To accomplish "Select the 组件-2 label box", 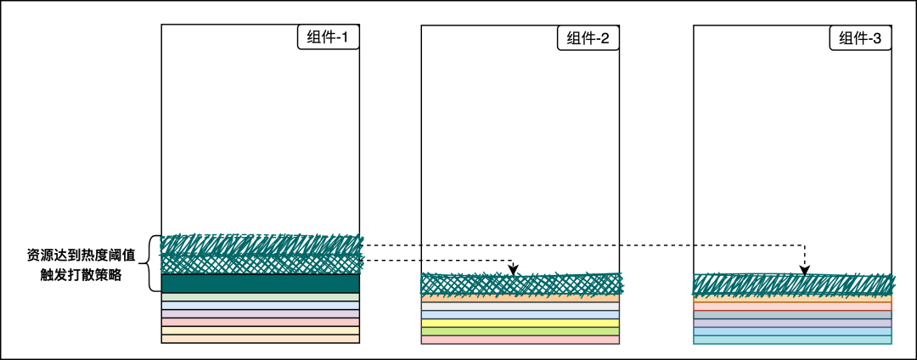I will (588, 38).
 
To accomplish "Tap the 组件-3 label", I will (860, 38).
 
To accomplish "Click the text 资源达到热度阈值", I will (81, 255).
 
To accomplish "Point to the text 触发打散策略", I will (81, 274).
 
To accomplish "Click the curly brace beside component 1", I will (153, 263).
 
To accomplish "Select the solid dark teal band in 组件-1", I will (261, 284).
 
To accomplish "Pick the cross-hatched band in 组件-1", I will (261, 264).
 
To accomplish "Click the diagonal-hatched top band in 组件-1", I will (261, 245).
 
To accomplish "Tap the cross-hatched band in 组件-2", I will (520, 284).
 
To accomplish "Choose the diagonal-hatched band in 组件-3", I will (792, 284).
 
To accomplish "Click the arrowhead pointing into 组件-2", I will (513, 270).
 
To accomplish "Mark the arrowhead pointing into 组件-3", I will (805, 271).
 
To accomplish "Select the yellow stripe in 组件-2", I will (520, 323).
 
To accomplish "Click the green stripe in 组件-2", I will (520, 331).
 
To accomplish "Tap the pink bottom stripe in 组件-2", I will (520, 340).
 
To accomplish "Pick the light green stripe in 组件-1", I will (261, 297).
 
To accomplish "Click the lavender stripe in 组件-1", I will (261, 313).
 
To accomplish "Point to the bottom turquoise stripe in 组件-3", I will (792, 340).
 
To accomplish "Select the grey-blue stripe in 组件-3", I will (792, 315).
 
